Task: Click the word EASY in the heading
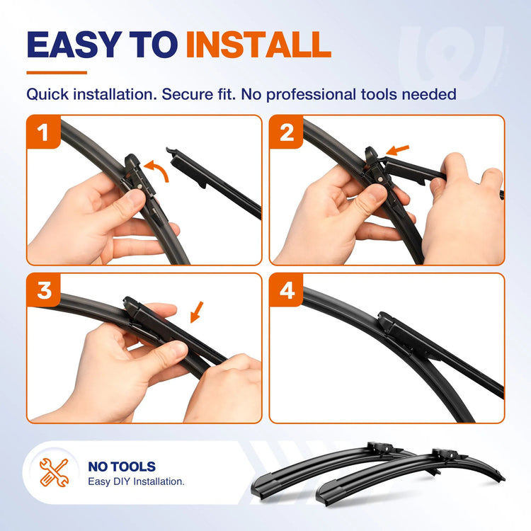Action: click(74, 45)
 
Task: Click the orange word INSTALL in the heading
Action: click(258, 45)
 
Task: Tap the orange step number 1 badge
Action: click(43, 132)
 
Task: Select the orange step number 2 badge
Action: click(287, 132)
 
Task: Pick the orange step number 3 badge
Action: click(44, 290)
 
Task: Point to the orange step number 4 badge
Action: click(287, 290)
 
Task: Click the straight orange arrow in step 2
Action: click(398, 150)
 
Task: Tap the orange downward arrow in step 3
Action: click(197, 312)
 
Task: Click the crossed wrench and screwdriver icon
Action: click(55, 472)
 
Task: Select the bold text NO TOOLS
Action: click(122, 467)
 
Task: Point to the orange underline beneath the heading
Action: click(57, 72)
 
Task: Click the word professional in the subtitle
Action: click(311, 95)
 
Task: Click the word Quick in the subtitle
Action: click(47, 94)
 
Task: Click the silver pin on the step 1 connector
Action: click(139, 187)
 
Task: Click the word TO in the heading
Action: click(154, 45)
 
